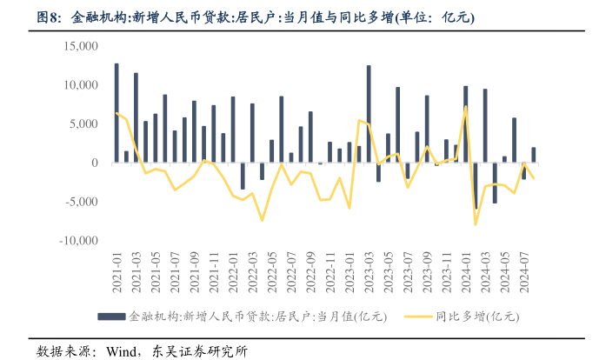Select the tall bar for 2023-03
tap(369, 114)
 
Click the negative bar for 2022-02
tap(243, 177)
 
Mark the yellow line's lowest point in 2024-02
tap(476, 224)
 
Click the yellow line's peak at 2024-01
tap(466, 107)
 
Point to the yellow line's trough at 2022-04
tap(262, 220)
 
